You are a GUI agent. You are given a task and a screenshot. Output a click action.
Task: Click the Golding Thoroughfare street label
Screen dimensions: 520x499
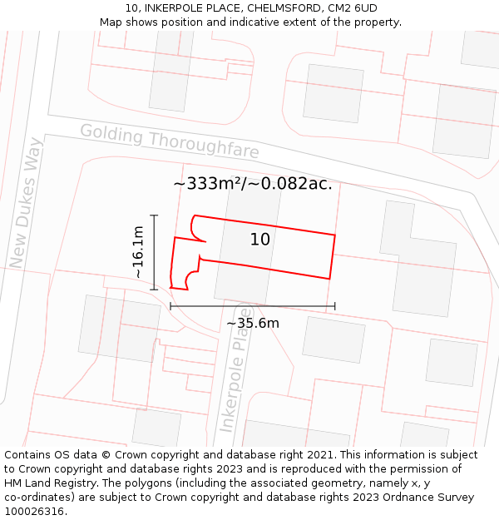click(x=170, y=141)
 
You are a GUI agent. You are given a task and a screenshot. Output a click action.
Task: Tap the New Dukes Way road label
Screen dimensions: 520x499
click(x=25, y=203)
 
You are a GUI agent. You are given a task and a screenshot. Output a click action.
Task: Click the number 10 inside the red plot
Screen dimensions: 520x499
click(x=260, y=240)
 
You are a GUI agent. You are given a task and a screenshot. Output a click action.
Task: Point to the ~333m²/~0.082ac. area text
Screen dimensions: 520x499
click(x=253, y=184)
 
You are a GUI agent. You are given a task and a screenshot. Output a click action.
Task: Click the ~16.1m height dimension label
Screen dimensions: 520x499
click(x=138, y=252)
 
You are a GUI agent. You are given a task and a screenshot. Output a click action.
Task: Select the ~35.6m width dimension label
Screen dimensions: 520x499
click(x=253, y=323)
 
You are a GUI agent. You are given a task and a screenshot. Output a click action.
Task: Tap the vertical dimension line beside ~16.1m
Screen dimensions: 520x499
click(x=155, y=252)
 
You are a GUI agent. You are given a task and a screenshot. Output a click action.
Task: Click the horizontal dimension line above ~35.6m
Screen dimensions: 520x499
click(x=253, y=306)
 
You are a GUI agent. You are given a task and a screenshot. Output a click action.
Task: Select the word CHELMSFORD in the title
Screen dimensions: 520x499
click(x=284, y=8)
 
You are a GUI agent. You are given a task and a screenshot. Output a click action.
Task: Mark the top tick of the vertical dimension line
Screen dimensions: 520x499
click(x=155, y=215)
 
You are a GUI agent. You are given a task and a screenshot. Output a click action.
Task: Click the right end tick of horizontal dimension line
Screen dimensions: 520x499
click(x=334, y=306)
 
